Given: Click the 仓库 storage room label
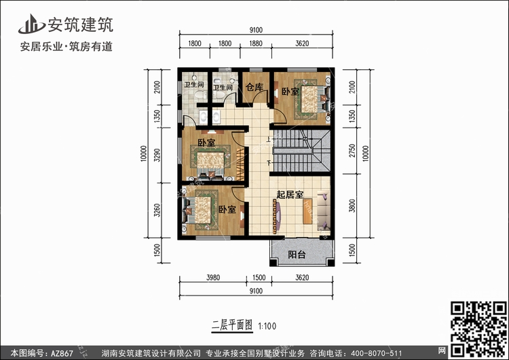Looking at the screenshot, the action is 254,87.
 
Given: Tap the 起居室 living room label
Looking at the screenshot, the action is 290,194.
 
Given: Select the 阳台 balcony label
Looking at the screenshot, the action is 297,255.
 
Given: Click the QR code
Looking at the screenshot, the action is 478,329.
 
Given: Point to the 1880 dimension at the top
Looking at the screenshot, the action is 256,43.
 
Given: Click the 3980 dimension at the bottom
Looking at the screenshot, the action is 213,278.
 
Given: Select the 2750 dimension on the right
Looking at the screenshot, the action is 352,150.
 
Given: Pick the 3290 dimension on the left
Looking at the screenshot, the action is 157,155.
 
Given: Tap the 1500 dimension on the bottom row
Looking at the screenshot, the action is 259,278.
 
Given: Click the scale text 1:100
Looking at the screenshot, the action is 267,326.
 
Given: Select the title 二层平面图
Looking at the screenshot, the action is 232,325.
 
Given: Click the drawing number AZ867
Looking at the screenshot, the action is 62,353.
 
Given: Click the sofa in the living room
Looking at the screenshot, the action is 324,211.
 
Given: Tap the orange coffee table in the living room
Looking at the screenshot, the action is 307,211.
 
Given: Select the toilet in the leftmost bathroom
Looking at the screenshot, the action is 200,95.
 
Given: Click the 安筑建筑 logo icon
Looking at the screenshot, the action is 31,24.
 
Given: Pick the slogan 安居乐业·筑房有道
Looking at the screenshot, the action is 67,47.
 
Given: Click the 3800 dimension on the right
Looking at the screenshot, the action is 352,206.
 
